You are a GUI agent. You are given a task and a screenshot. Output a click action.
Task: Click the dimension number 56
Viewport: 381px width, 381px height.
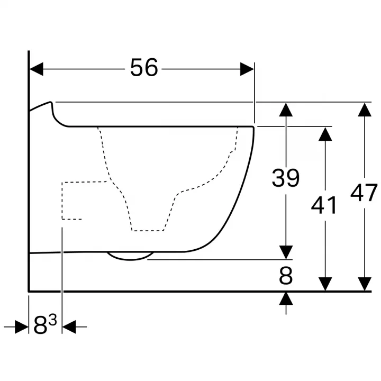[x=144, y=68]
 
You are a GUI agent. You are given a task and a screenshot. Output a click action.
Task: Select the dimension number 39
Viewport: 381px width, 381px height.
[x=286, y=178]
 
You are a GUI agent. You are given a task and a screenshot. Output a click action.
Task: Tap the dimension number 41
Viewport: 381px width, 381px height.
[x=324, y=205]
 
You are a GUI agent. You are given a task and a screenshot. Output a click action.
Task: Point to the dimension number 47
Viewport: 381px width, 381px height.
[x=364, y=193]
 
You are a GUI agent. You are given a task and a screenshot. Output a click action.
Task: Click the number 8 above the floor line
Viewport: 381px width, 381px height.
[x=286, y=276]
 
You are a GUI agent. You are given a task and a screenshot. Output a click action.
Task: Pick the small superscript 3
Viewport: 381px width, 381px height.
[x=52, y=320]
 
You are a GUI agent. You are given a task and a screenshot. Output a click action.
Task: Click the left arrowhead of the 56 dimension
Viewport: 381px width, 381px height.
[x=36, y=69]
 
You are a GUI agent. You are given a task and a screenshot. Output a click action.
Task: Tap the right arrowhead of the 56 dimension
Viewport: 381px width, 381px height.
[x=247, y=69]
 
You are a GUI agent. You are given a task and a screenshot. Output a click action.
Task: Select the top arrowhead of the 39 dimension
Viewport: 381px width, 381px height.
[x=286, y=110]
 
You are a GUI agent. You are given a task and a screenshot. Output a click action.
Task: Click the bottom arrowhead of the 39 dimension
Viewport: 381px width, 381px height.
[x=286, y=252]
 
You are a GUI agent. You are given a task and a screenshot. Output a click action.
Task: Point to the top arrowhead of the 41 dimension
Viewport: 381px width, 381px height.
[x=325, y=134]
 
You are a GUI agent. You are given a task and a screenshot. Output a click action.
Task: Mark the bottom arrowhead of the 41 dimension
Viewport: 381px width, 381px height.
[x=325, y=284]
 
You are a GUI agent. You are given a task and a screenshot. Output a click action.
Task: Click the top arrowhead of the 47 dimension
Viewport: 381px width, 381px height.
[x=365, y=110]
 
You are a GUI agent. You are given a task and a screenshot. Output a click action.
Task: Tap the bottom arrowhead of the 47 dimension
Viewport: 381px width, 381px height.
[x=365, y=284]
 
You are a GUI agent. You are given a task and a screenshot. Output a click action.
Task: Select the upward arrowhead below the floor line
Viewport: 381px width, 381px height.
[x=286, y=298]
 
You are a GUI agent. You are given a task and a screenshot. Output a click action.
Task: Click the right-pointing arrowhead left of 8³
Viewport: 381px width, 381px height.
[x=22, y=327]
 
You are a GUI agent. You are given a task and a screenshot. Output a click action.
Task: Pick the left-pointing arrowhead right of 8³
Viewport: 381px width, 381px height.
[x=69, y=327]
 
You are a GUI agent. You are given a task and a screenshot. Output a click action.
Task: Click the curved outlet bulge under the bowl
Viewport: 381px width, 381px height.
[x=131, y=259]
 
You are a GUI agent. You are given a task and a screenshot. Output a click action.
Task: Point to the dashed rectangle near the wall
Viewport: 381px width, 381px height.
[x=62, y=201]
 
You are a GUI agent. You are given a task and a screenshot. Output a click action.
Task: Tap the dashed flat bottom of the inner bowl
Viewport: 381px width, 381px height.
[x=148, y=230]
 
